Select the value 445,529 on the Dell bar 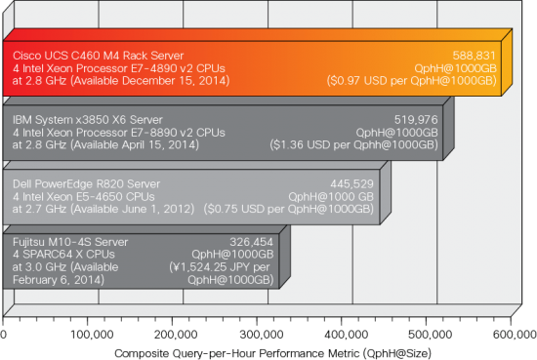(354, 182)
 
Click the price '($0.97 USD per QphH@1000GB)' (413, 81)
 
